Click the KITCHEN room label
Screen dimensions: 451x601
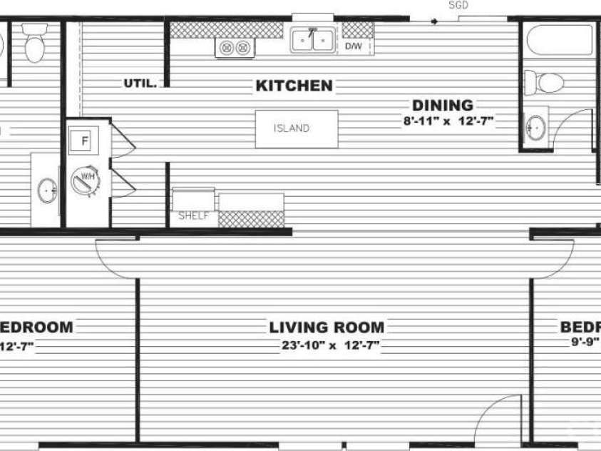coord(294,86)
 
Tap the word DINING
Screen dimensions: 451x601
coord(442,106)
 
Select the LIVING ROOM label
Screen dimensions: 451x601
coord(327,328)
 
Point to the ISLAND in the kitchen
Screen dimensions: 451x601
coord(297,129)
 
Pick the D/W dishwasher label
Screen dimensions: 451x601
coord(354,46)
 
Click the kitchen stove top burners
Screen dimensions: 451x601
coord(235,48)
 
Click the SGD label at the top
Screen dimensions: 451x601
coord(458,5)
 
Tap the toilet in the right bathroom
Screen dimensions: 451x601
coord(544,82)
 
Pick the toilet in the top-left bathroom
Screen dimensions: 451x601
coord(34,45)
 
